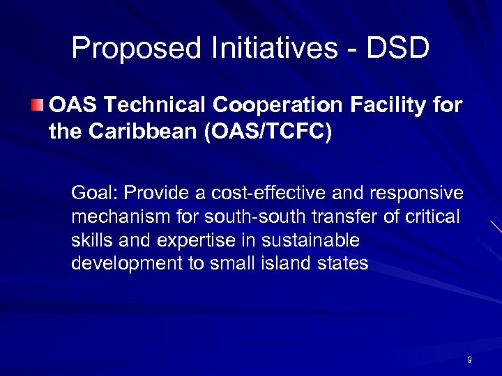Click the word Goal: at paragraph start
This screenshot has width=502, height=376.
[95, 193]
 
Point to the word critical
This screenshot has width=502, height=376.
[434, 217]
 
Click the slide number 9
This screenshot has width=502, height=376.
[469, 360]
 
